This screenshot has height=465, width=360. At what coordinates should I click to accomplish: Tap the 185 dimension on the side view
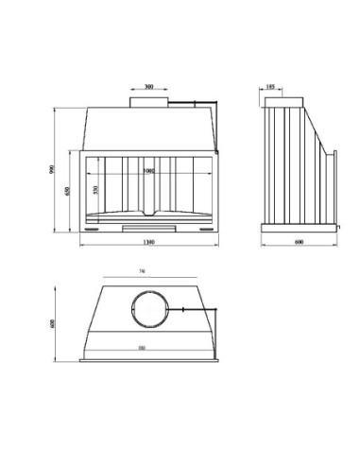coord(271,85)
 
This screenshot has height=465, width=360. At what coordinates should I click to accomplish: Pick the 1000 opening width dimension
coord(148,172)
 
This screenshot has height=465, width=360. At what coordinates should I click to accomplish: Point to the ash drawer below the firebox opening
coord(148,227)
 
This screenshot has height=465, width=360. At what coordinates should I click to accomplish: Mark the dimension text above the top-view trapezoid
coord(142,272)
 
